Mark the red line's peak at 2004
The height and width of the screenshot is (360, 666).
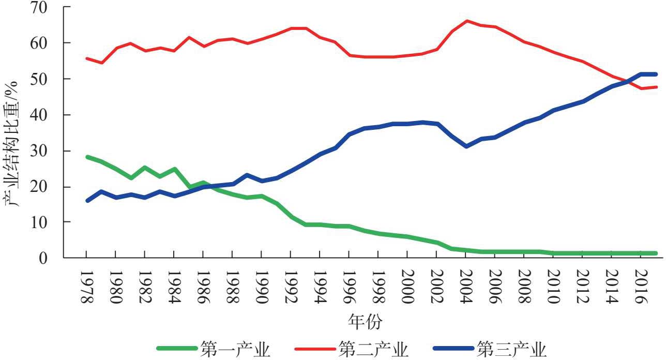coord(466,21)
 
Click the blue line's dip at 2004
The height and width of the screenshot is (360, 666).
coord(466,146)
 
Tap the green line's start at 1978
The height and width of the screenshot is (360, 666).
coord(87,157)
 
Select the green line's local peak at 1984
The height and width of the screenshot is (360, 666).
coord(174,169)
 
